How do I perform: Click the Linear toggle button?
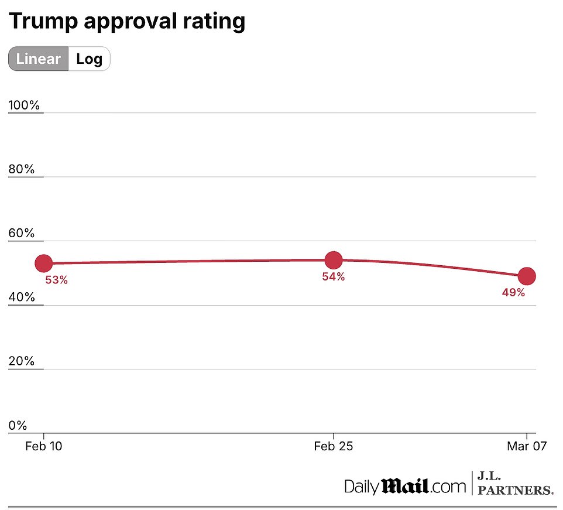tap(39, 59)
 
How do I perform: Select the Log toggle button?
tap(89, 59)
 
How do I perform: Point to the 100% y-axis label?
tap(25, 105)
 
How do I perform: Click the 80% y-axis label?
tap(22, 169)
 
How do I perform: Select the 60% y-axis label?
tap(22, 233)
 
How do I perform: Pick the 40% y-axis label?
tap(22, 297)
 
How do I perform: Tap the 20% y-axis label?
tap(22, 361)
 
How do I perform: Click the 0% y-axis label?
tap(18, 426)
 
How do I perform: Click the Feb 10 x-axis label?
tap(44, 447)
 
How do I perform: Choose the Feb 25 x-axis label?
tap(333, 447)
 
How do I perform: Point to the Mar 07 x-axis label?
tap(527, 447)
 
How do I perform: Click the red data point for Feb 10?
tap(44, 263)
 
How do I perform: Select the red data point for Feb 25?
tap(333, 260)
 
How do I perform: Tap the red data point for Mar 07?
tap(527, 276)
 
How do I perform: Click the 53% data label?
tap(57, 280)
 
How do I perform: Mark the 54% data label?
tap(333, 277)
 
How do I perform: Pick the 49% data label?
tap(513, 293)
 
